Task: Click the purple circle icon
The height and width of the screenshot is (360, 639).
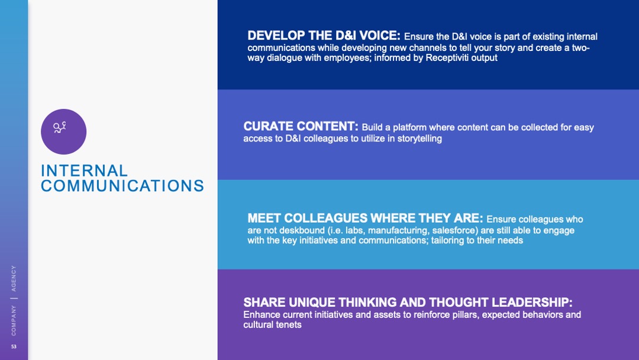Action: click(63, 131)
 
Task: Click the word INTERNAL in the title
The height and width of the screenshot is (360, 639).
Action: click(85, 171)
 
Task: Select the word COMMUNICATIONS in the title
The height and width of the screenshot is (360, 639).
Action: click(122, 186)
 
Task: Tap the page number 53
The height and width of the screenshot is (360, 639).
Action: click(14, 346)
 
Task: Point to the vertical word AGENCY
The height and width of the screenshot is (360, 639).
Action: click(14, 278)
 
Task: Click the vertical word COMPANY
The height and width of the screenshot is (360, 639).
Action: click(14, 321)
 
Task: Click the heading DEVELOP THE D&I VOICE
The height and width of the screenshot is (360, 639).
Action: click(324, 36)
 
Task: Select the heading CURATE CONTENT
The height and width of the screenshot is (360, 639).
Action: click(301, 126)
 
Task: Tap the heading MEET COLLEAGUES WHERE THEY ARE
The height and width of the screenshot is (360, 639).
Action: click(365, 218)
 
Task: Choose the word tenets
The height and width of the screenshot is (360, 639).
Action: click(288, 325)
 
